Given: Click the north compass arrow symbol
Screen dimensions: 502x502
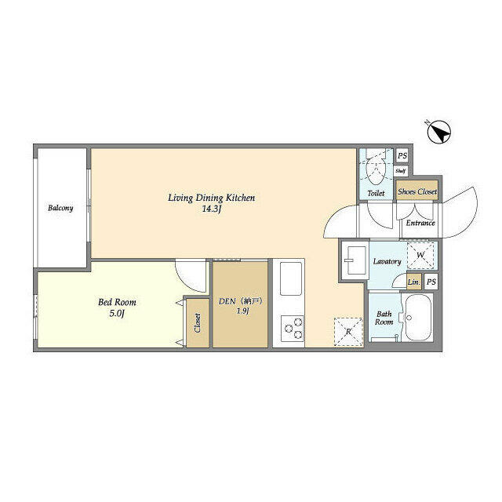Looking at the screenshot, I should [x=441, y=132].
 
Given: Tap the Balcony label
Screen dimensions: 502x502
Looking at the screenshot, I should [x=60, y=208].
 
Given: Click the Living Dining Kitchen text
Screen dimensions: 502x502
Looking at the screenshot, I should [x=212, y=198].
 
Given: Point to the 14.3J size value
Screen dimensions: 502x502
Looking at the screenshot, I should [x=212, y=209].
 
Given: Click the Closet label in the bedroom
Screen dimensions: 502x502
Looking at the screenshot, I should [x=196, y=323].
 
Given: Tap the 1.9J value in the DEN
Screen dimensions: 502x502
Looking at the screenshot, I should [x=242, y=312].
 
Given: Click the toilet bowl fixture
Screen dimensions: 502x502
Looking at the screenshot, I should [x=375, y=167].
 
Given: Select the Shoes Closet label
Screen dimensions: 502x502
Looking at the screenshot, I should [x=417, y=191].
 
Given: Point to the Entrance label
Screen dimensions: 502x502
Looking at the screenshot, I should [x=420, y=223].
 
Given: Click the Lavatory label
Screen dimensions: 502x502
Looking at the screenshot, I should [x=387, y=261].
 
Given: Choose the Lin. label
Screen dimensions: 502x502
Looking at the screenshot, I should [x=414, y=282].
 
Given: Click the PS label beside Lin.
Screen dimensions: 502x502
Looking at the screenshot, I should [x=431, y=282].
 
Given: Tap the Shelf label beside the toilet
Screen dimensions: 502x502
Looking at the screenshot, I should [x=400, y=170].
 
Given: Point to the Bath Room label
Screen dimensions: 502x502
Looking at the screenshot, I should [x=384, y=318].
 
